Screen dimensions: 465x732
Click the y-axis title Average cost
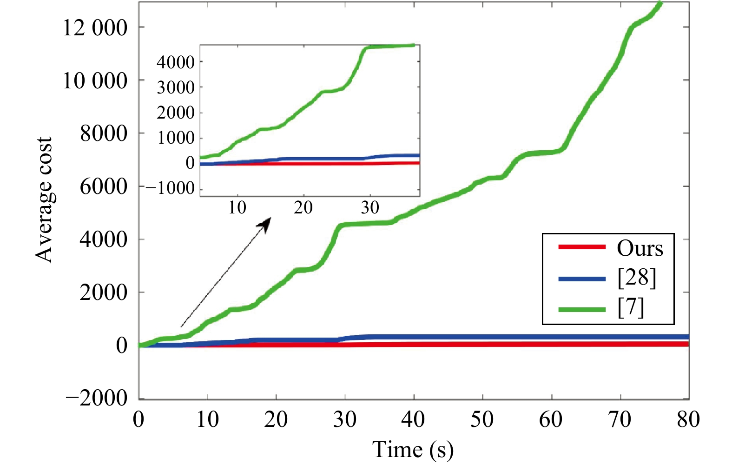(44, 200)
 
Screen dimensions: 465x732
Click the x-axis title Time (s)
(413, 450)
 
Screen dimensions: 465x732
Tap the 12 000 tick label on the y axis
(95, 28)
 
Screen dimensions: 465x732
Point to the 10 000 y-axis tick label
(95, 81)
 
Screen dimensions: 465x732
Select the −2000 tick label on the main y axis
(97, 398)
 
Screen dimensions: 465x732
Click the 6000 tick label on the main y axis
(103, 187)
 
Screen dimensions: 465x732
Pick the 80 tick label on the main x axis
(688, 420)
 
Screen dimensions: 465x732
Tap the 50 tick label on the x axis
(482, 420)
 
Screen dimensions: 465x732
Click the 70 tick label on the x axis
(620, 420)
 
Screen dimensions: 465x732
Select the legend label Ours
(640, 248)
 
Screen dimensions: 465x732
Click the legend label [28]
(637, 278)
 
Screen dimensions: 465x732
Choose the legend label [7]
(631, 308)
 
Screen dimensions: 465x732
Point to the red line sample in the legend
(582, 247)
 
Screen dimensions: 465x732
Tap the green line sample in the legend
(582, 309)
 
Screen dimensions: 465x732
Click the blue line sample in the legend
(582, 279)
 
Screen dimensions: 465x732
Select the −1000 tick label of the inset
(170, 188)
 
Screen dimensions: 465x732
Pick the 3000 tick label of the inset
(175, 87)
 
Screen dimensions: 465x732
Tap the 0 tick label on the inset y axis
(190, 163)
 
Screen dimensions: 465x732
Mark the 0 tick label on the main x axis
(138, 420)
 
